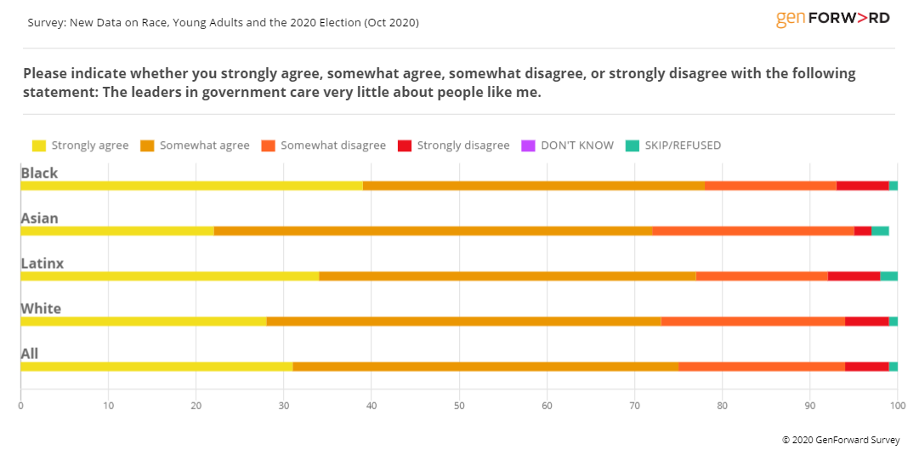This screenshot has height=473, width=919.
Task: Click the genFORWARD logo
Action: pyautogui.click(x=832, y=19)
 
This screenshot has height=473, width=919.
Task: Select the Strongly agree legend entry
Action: pyautogui.click(x=80, y=145)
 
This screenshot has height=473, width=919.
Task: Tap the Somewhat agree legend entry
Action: pyautogui.click(x=195, y=145)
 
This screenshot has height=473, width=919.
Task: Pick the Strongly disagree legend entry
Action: pyautogui.click(x=453, y=145)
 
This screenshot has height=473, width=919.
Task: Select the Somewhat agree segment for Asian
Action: pyautogui.click(x=433, y=231)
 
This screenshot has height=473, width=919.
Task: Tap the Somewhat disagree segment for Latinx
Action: pyautogui.click(x=762, y=276)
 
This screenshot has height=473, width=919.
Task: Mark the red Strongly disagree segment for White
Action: pyautogui.click(x=866, y=321)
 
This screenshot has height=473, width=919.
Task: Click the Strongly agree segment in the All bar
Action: pyautogui.click(x=156, y=367)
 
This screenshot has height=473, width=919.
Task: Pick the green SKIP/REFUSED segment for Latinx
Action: pyautogui.click(x=888, y=276)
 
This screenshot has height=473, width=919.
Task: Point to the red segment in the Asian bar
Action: pyautogui.click(x=862, y=231)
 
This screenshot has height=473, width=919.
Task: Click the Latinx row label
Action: pyautogui.click(x=43, y=264)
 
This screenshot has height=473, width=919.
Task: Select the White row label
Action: pyautogui.click(x=41, y=309)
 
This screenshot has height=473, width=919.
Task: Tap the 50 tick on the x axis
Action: pyautogui.click(x=459, y=406)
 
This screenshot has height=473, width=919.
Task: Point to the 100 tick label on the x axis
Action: pyautogui.click(x=897, y=406)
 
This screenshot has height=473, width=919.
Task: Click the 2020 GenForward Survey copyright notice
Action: pyautogui.click(x=841, y=441)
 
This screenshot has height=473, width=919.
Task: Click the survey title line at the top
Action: pyautogui.click(x=223, y=23)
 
